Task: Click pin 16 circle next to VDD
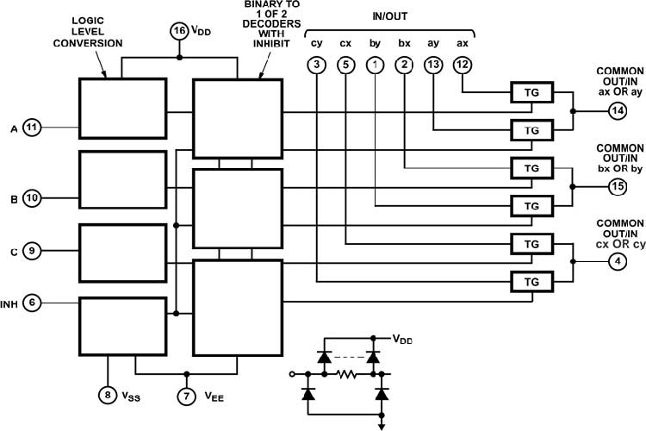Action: pos(179,31)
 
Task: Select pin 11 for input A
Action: pos(32,127)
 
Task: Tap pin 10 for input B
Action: pos(32,198)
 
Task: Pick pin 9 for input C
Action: pos(32,250)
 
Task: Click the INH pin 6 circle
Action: pos(32,303)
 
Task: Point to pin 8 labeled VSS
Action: pos(108,395)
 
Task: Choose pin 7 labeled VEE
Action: pos(187,396)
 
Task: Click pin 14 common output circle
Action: pos(618,110)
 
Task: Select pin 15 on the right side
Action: pos(618,186)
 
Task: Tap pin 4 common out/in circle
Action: pos(618,261)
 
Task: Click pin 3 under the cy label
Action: pos(316,65)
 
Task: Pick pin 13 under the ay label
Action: pos(433,65)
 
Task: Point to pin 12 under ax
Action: pos(463,65)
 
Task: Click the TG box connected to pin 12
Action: pos(532,92)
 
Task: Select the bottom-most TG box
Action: pos(532,282)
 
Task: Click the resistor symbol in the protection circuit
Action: pos(346,374)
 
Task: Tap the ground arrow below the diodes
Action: pos(382,425)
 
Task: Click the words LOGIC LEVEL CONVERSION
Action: pos(88,32)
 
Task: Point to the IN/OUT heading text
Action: pos(389,16)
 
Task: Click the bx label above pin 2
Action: pos(404,43)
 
